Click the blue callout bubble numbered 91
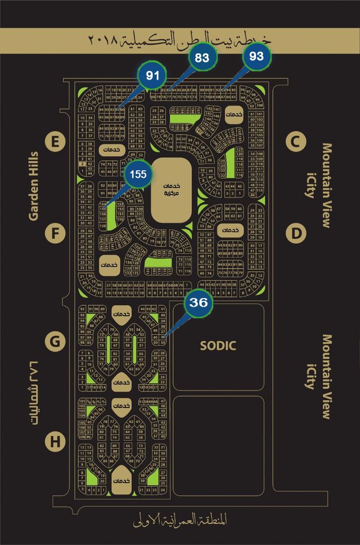[152, 76]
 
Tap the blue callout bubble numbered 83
[202, 57]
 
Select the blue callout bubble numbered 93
[257, 57]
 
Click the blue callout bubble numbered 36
[198, 303]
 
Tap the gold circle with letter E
[55, 142]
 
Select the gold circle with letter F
[55, 233]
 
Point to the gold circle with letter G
[55, 342]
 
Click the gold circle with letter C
[295, 142]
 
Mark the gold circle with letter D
[295, 233]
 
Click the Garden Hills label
[34, 185]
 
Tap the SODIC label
[218, 346]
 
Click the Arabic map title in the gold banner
[180, 41]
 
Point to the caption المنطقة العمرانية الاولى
[178, 519]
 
